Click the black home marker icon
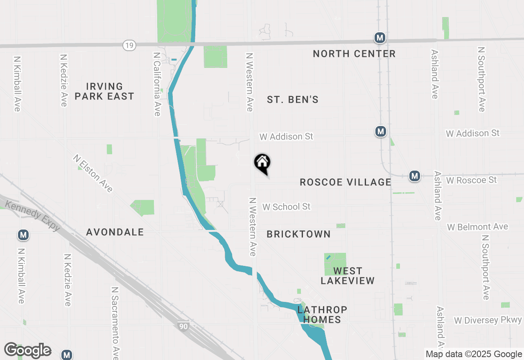tap(262, 163)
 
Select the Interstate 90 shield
tap(184, 326)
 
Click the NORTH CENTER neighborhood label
tap(354, 54)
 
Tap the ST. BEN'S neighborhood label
tap(293, 99)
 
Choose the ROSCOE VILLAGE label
tap(346, 182)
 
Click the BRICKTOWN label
tap(298, 234)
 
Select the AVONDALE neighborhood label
tap(115, 232)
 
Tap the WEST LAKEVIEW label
tap(348, 276)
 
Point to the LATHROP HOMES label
tap(322, 315)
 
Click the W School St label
tap(287, 207)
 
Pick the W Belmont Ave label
tap(477, 227)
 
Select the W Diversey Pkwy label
tap(488, 320)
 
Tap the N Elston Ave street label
tap(93, 173)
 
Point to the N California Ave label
tap(157, 84)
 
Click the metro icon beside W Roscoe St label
tap(415, 176)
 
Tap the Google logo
tap(28, 350)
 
